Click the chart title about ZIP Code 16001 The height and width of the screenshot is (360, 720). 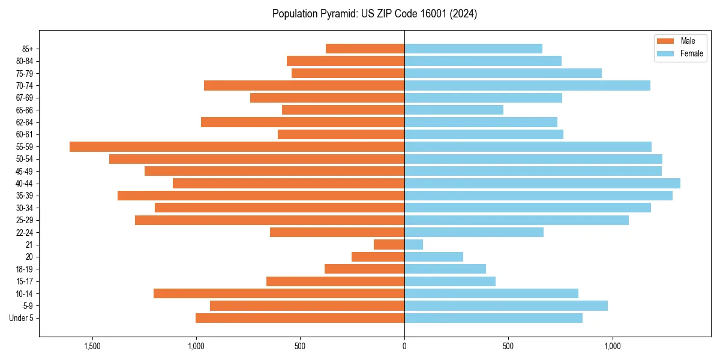pyautogui.click(x=374, y=14)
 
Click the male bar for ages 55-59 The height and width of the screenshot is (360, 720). pyautogui.click(x=237, y=147)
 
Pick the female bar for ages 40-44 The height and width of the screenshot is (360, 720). pyautogui.click(x=542, y=184)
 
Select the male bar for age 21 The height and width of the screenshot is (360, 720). pyautogui.click(x=389, y=245)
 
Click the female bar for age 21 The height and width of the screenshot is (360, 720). pyautogui.click(x=413, y=245)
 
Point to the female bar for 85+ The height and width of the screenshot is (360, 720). pyautogui.click(x=473, y=49)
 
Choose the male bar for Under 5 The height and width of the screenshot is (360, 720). pyautogui.click(x=300, y=318)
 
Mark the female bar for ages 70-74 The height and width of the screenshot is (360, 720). pyautogui.click(x=527, y=86)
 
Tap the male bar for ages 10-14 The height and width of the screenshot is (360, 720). pyautogui.click(x=279, y=293)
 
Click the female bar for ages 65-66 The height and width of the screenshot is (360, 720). pyautogui.click(x=454, y=110)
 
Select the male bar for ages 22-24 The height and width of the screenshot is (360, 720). pyautogui.click(x=337, y=232)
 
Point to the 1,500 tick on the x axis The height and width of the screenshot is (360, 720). pyautogui.click(x=92, y=347)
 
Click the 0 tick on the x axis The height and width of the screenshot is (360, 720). pyautogui.click(x=404, y=347)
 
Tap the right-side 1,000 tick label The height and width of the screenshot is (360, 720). pyautogui.click(x=613, y=347)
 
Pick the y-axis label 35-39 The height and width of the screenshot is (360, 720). pyautogui.click(x=25, y=196)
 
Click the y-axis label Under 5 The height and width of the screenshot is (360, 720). pyautogui.click(x=22, y=318)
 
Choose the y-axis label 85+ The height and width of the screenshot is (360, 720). pyautogui.click(x=28, y=49)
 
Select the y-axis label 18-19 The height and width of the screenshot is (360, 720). pyautogui.click(x=25, y=269)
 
